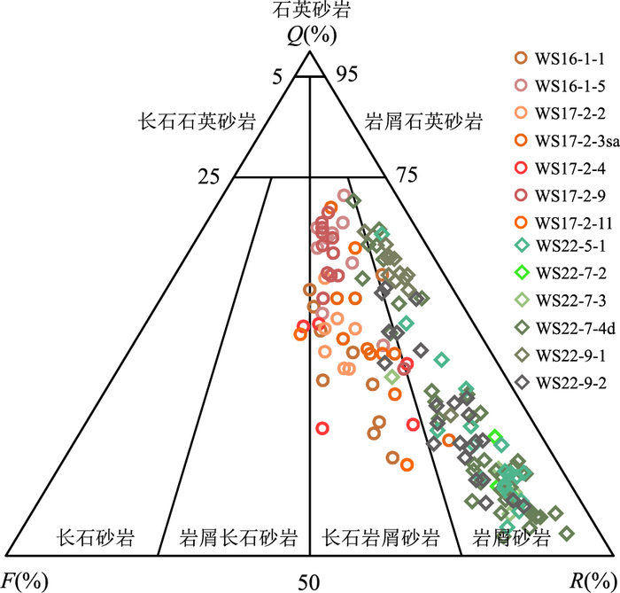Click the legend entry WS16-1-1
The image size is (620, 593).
click(570, 59)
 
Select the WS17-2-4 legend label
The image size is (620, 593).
click(570, 168)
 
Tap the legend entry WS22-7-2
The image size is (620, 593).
click(570, 273)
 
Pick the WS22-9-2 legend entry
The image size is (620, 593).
click(570, 383)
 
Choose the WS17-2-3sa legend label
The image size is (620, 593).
click(577, 141)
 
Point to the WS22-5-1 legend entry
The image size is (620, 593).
click(570, 246)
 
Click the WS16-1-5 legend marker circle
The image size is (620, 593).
click(522, 85)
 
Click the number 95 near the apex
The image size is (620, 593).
click(347, 74)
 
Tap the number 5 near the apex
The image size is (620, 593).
click(278, 77)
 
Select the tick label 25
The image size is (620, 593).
click(209, 176)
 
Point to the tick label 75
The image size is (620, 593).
click(407, 175)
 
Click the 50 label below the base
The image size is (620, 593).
click(309, 582)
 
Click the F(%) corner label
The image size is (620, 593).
click(25, 581)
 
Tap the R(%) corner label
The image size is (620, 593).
click(594, 581)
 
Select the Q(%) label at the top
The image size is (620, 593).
click(312, 35)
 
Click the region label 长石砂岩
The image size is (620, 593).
click(96, 538)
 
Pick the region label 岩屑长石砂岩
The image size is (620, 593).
click(238, 538)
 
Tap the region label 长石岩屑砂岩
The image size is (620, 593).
click(380, 538)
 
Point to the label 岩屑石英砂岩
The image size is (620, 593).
click(423, 121)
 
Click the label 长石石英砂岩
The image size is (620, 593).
click(197, 121)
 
